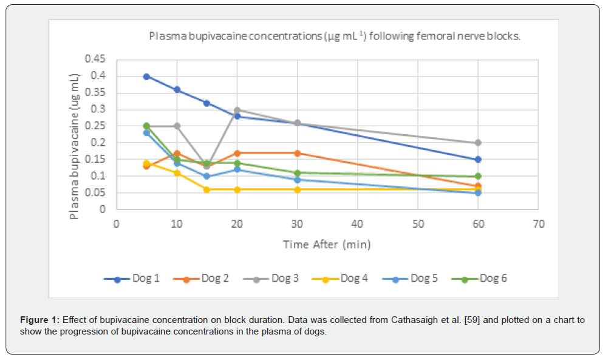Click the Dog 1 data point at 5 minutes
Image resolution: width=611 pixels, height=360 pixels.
(146, 76)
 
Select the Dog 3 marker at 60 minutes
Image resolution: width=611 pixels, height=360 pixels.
(478, 143)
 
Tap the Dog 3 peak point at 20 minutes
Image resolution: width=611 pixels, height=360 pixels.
(237, 110)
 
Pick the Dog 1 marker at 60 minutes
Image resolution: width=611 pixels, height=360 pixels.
(478, 160)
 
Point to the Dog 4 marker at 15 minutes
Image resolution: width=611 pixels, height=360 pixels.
(207, 189)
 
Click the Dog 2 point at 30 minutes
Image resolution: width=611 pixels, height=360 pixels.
(297, 153)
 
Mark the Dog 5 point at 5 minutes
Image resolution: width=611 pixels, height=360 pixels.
(146, 133)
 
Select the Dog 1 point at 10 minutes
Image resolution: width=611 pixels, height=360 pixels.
(177, 90)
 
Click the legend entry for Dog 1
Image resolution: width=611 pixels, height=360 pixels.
(132, 279)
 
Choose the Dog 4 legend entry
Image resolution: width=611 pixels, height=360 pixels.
(341, 279)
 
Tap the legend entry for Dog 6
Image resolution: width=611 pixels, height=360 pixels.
(480, 279)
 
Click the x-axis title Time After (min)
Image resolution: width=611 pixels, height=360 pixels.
(327, 245)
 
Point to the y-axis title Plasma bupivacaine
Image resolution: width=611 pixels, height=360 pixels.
(74, 146)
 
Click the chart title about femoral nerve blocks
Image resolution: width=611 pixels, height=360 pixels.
(335, 36)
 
